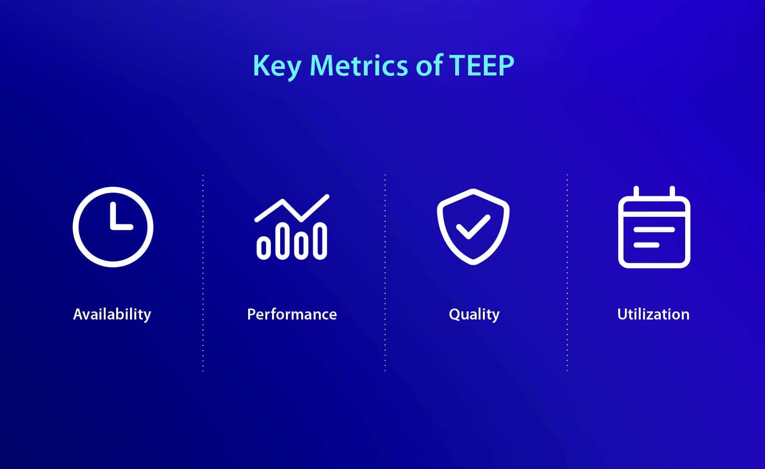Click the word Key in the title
point(276,66)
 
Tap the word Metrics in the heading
point(359,65)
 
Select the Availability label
point(112,314)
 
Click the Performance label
point(292,314)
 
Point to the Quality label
point(474,315)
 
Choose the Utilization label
point(653,314)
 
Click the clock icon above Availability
point(113,227)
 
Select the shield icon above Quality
point(473,226)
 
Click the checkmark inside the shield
point(472,226)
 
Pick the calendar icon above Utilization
point(654,228)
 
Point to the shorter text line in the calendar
point(646,245)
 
